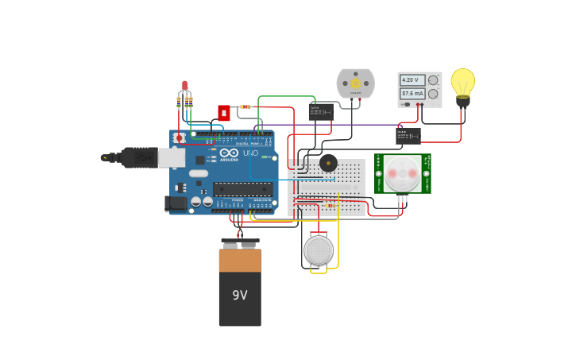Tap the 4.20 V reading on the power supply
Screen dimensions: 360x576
point(410,80)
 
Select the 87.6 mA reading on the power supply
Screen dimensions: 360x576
point(411,93)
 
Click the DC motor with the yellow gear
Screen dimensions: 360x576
point(355,83)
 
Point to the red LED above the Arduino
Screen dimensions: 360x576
point(184,85)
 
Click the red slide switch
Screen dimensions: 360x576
point(224,113)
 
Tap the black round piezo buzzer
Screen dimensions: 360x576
point(328,163)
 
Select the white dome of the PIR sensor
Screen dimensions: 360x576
point(403,173)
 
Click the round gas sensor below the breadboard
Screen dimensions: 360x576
point(319,250)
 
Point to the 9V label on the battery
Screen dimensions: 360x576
point(240,295)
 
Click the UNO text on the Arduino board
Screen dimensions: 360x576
point(250,153)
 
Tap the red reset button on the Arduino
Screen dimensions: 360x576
point(180,137)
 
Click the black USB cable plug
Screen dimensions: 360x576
point(140,158)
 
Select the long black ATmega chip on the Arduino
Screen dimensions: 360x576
point(242,189)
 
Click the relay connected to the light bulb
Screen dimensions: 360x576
point(408,136)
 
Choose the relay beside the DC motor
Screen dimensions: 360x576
point(321,111)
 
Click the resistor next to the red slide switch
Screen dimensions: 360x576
point(245,106)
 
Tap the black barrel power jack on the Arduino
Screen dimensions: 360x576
point(176,204)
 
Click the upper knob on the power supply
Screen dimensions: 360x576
point(433,80)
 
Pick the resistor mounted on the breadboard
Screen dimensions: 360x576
point(331,206)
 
